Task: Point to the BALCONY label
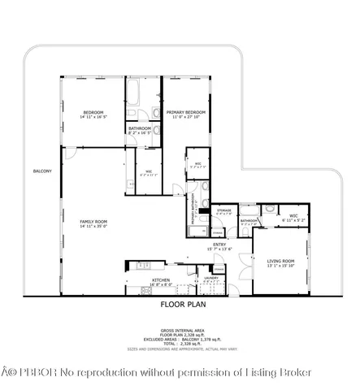(42, 171)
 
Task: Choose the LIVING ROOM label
(280, 261)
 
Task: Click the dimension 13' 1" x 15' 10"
(280, 266)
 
